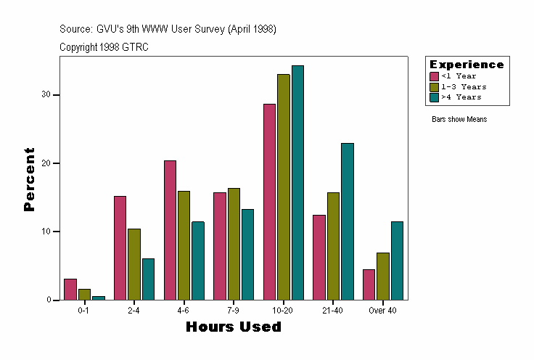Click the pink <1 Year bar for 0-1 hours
click(70, 290)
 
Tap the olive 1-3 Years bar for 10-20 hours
click(283, 187)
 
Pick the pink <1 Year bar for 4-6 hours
click(170, 230)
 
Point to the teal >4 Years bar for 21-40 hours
click(348, 221)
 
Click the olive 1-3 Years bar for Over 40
click(382, 277)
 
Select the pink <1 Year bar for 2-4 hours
click(120, 248)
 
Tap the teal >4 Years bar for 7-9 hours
click(247, 255)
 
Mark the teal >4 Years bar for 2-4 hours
click(148, 279)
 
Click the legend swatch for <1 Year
click(434, 76)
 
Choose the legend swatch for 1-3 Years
click(434, 86)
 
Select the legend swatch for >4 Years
click(434, 97)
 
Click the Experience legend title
click(467, 65)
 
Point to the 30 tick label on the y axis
click(46, 94)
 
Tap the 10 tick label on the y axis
click(46, 232)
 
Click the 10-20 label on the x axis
click(283, 311)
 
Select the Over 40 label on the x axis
click(382, 311)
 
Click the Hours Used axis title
click(233, 327)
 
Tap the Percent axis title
click(29, 179)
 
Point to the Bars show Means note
click(459, 120)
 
